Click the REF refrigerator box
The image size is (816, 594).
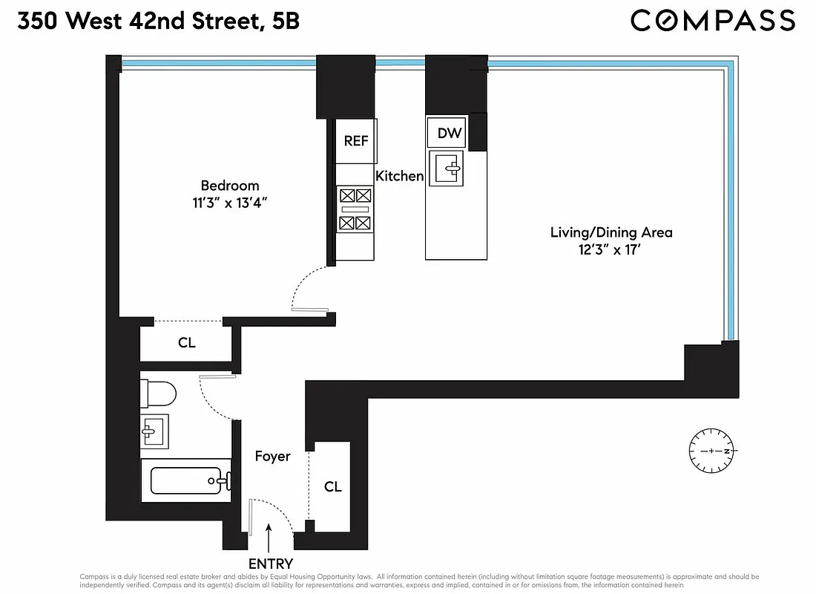coord(356,140)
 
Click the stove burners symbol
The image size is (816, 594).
coord(355,209)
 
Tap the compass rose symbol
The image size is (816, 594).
coord(711,451)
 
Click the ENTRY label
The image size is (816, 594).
coord(270,564)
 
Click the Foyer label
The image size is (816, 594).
coord(272,457)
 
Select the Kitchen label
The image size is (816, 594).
coord(399,176)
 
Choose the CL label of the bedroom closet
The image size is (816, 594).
coord(186,343)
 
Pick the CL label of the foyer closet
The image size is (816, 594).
coord(333,486)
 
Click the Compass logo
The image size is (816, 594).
coord(712,22)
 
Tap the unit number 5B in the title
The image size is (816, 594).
coord(286,22)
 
